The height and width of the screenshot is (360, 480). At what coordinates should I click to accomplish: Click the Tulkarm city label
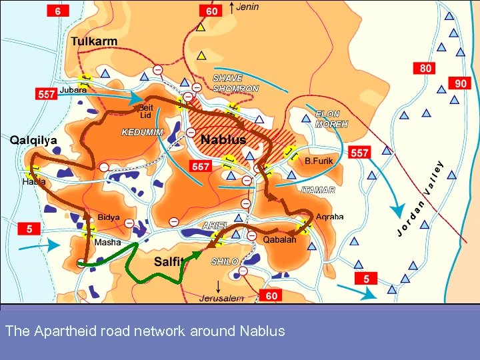(x=94, y=41)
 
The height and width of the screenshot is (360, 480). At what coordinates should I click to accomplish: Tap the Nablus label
(x=223, y=139)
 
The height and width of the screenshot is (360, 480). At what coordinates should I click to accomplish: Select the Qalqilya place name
(x=34, y=140)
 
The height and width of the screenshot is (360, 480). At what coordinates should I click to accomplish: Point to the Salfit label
(x=169, y=262)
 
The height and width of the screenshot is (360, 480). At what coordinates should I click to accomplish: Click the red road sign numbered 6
(x=59, y=11)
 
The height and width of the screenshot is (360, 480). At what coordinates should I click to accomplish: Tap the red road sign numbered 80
(x=425, y=68)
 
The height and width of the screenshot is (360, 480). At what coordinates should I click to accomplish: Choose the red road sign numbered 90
(x=461, y=83)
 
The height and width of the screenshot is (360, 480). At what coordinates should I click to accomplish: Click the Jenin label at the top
(x=247, y=7)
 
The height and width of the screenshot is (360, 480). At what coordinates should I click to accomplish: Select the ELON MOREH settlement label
(x=331, y=119)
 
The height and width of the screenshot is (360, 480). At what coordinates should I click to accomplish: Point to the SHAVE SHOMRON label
(x=235, y=83)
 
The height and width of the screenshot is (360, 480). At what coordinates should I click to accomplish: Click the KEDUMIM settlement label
(x=142, y=132)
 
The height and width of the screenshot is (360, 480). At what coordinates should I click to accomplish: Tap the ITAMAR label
(x=318, y=191)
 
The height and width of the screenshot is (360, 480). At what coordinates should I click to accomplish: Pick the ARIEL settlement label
(x=215, y=225)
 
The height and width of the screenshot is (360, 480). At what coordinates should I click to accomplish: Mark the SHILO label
(x=225, y=261)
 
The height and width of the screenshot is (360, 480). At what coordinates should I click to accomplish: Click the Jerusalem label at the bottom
(x=221, y=298)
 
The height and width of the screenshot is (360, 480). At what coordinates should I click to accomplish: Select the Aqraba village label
(x=329, y=217)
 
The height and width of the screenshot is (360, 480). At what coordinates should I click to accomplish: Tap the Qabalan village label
(x=279, y=240)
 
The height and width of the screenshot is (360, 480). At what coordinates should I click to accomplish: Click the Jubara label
(x=73, y=89)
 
